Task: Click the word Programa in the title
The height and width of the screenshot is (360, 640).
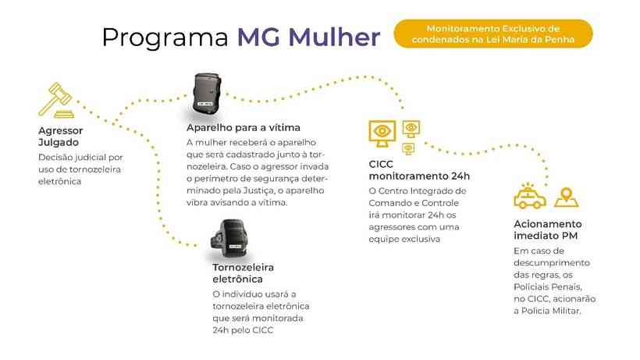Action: click(x=165, y=38)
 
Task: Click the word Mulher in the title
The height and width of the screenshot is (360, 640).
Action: click(x=334, y=37)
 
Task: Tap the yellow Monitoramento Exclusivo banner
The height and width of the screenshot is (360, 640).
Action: click(x=493, y=34)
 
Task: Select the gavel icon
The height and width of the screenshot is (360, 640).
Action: click(x=57, y=100)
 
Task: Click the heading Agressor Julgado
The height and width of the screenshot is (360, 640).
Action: click(x=60, y=137)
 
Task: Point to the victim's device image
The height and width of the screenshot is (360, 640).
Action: click(x=208, y=94)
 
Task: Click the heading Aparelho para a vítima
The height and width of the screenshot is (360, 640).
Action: click(x=244, y=128)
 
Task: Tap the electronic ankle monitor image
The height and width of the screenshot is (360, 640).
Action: click(x=229, y=238)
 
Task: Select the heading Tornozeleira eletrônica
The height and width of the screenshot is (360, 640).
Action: click(x=244, y=273)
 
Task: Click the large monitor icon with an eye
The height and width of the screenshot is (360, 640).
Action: click(x=382, y=134)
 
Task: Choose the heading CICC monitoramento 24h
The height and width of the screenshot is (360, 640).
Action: click(x=419, y=170)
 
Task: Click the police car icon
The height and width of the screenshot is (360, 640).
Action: click(x=530, y=197)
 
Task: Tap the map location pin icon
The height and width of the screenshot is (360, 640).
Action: click(x=567, y=198)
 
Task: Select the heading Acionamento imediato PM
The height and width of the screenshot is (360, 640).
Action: click(x=548, y=230)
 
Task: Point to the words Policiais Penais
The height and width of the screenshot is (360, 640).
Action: click(x=548, y=287)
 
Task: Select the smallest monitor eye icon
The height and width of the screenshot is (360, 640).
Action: click(x=408, y=148)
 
